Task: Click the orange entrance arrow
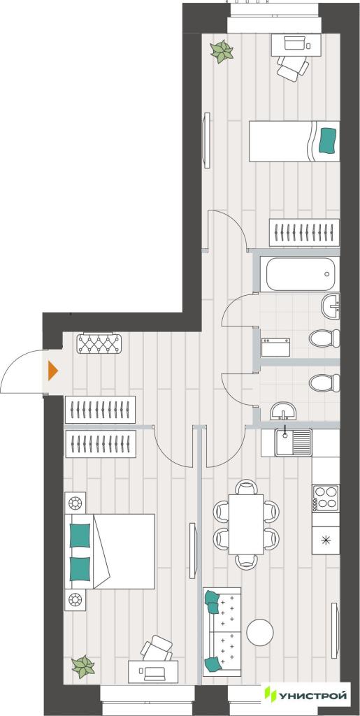coord(52,371)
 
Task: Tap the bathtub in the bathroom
coord(299,274)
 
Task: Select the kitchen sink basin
coord(285,442)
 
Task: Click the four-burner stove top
coord(326,498)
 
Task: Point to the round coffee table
coord(260,632)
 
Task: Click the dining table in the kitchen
coord(246,524)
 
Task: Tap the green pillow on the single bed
coord(328,141)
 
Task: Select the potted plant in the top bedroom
coord(222,52)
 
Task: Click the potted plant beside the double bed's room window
coord(83,666)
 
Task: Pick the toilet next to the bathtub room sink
coord(324,338)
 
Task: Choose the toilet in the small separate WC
coord(324,382)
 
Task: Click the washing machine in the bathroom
coord(275,347)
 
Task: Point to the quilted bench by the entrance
coord(99,343)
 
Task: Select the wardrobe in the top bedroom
coord(304,233)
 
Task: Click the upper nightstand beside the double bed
coord(75,503)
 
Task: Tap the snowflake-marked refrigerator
coord(326,540)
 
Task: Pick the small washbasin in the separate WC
coord(283,411)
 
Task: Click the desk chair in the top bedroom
coord(293,68)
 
